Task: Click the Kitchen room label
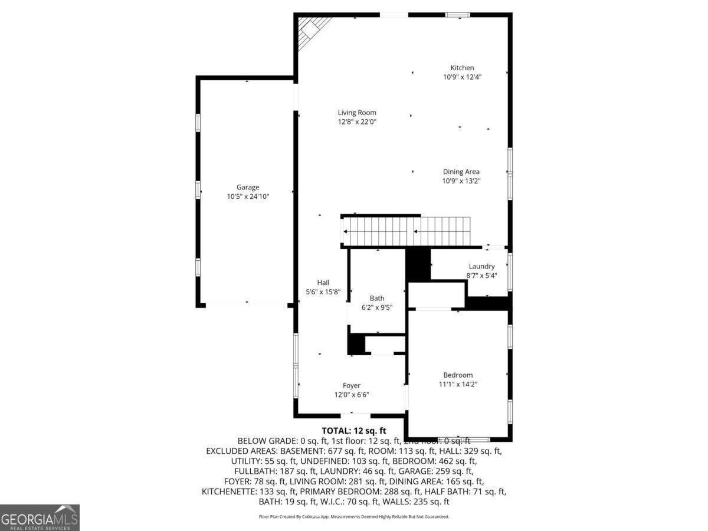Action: coord(462,68)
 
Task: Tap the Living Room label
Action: coord(357,113)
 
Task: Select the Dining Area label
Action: coord(461,172)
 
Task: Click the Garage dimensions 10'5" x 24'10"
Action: coord(248,196)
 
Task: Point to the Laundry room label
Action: coord(481,266)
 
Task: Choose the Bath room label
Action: coord(377,298)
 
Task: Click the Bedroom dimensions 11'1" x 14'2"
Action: coord(458,384)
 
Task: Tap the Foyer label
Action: coord(352,386)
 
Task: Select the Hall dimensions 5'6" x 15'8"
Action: coord(323,291)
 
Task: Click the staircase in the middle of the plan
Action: coord(407,231)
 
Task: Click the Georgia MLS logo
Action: coord(40,517)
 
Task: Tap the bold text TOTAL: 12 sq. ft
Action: coord(354,430)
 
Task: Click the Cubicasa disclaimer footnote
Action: coord(354,516)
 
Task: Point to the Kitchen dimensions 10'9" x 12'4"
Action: coord(462,77)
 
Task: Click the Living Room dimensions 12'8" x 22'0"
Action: coord(357,122)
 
